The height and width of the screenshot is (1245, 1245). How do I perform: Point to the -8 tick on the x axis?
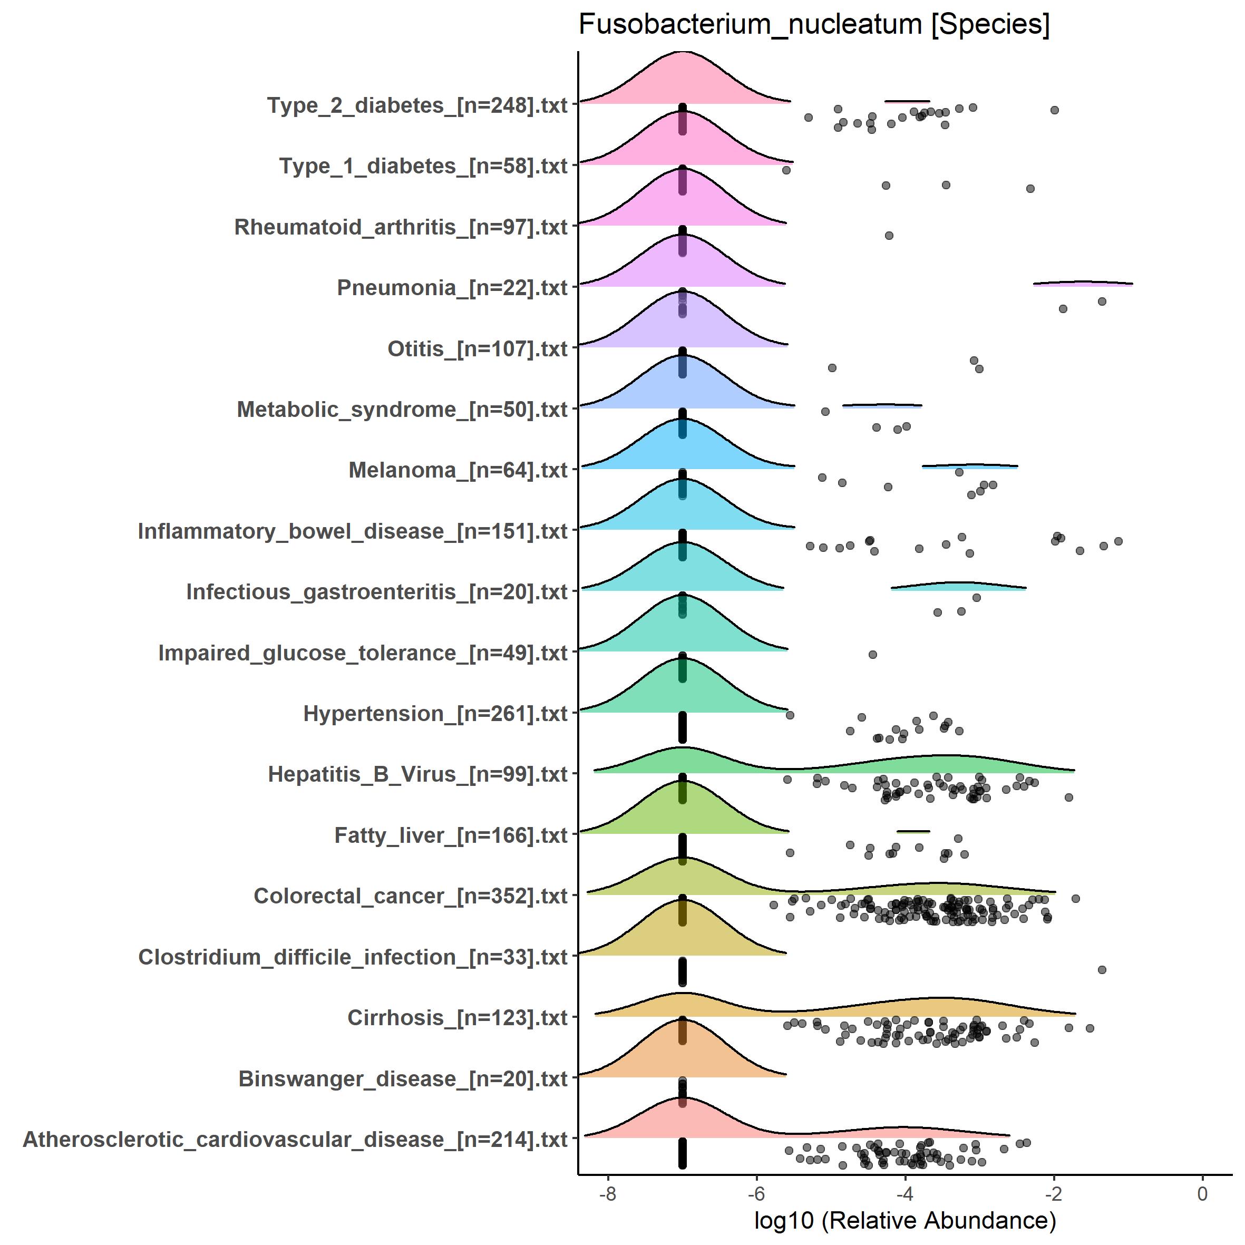point(608,1194)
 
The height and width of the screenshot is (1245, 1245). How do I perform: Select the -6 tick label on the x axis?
point(756,1194)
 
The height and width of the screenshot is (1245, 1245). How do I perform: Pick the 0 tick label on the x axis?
point(1202,1194)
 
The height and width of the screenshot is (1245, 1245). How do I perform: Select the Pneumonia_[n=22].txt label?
point(452,287)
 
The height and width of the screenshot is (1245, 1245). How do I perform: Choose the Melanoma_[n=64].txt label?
point(458,470)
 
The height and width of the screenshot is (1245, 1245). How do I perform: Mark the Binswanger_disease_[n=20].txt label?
point(403,1079)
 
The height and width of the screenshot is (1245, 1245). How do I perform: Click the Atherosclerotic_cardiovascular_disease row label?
point(295,1139)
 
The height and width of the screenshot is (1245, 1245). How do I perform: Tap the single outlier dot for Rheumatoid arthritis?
point(889,236)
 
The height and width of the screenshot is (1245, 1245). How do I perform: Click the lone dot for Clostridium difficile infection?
point(1102,970)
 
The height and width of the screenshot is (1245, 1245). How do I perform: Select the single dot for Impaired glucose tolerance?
point(872,655)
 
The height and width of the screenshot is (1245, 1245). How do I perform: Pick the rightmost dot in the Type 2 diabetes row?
point(1055,110)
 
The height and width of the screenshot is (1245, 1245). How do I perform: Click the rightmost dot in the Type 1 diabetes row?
point(1030,189)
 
